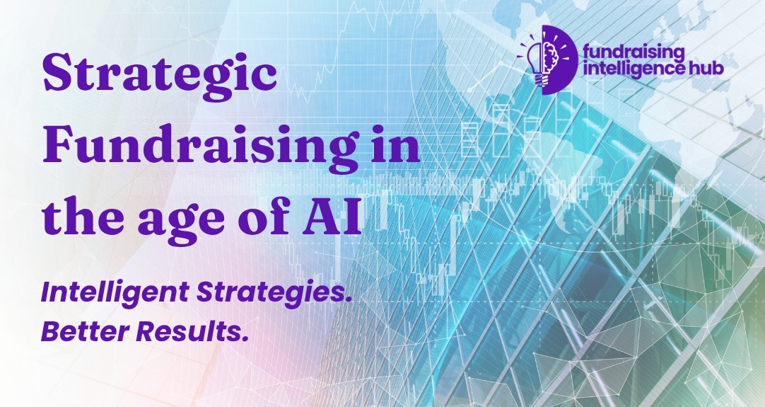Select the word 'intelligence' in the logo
tap(623, 69)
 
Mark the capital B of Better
tap(51, 331)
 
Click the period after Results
tap(245, 338)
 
